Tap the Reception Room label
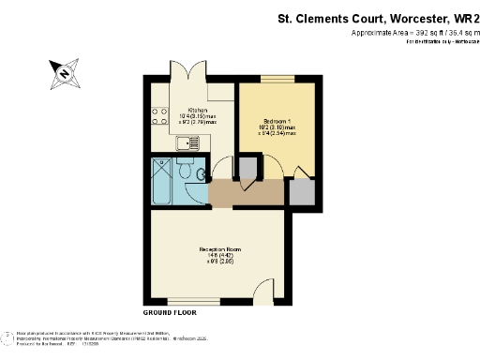coord(220,248)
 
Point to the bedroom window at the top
coord(276,80)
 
